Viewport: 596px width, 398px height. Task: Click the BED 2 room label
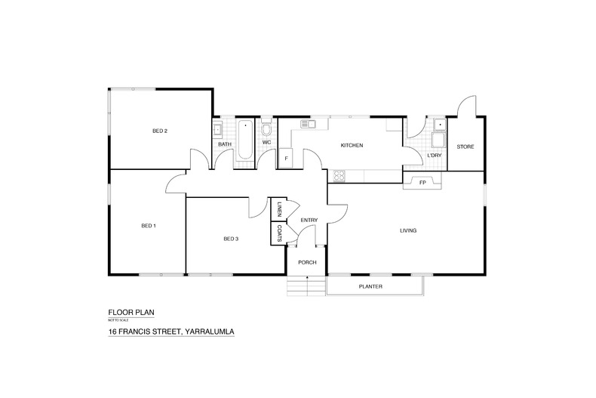159,131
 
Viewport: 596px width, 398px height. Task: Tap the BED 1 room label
148,226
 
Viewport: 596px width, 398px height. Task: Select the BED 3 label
231,239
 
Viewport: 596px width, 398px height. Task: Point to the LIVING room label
408,230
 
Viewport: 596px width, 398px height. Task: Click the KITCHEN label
352,145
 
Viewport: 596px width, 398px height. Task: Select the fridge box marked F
286,159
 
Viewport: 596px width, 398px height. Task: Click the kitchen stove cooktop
339,176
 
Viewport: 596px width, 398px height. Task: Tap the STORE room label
465,146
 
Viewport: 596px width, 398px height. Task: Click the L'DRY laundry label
434,156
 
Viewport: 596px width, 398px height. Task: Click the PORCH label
306,263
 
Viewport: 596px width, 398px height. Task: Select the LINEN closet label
278,208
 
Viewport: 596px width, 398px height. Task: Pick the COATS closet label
278,233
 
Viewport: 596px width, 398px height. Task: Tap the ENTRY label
309,220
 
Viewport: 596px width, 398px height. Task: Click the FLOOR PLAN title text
131,312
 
